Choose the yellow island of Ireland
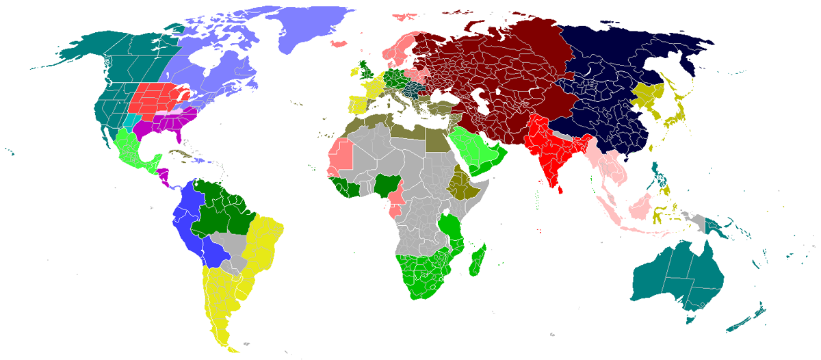354,70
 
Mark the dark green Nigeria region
385,183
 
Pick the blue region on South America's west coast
188,219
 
